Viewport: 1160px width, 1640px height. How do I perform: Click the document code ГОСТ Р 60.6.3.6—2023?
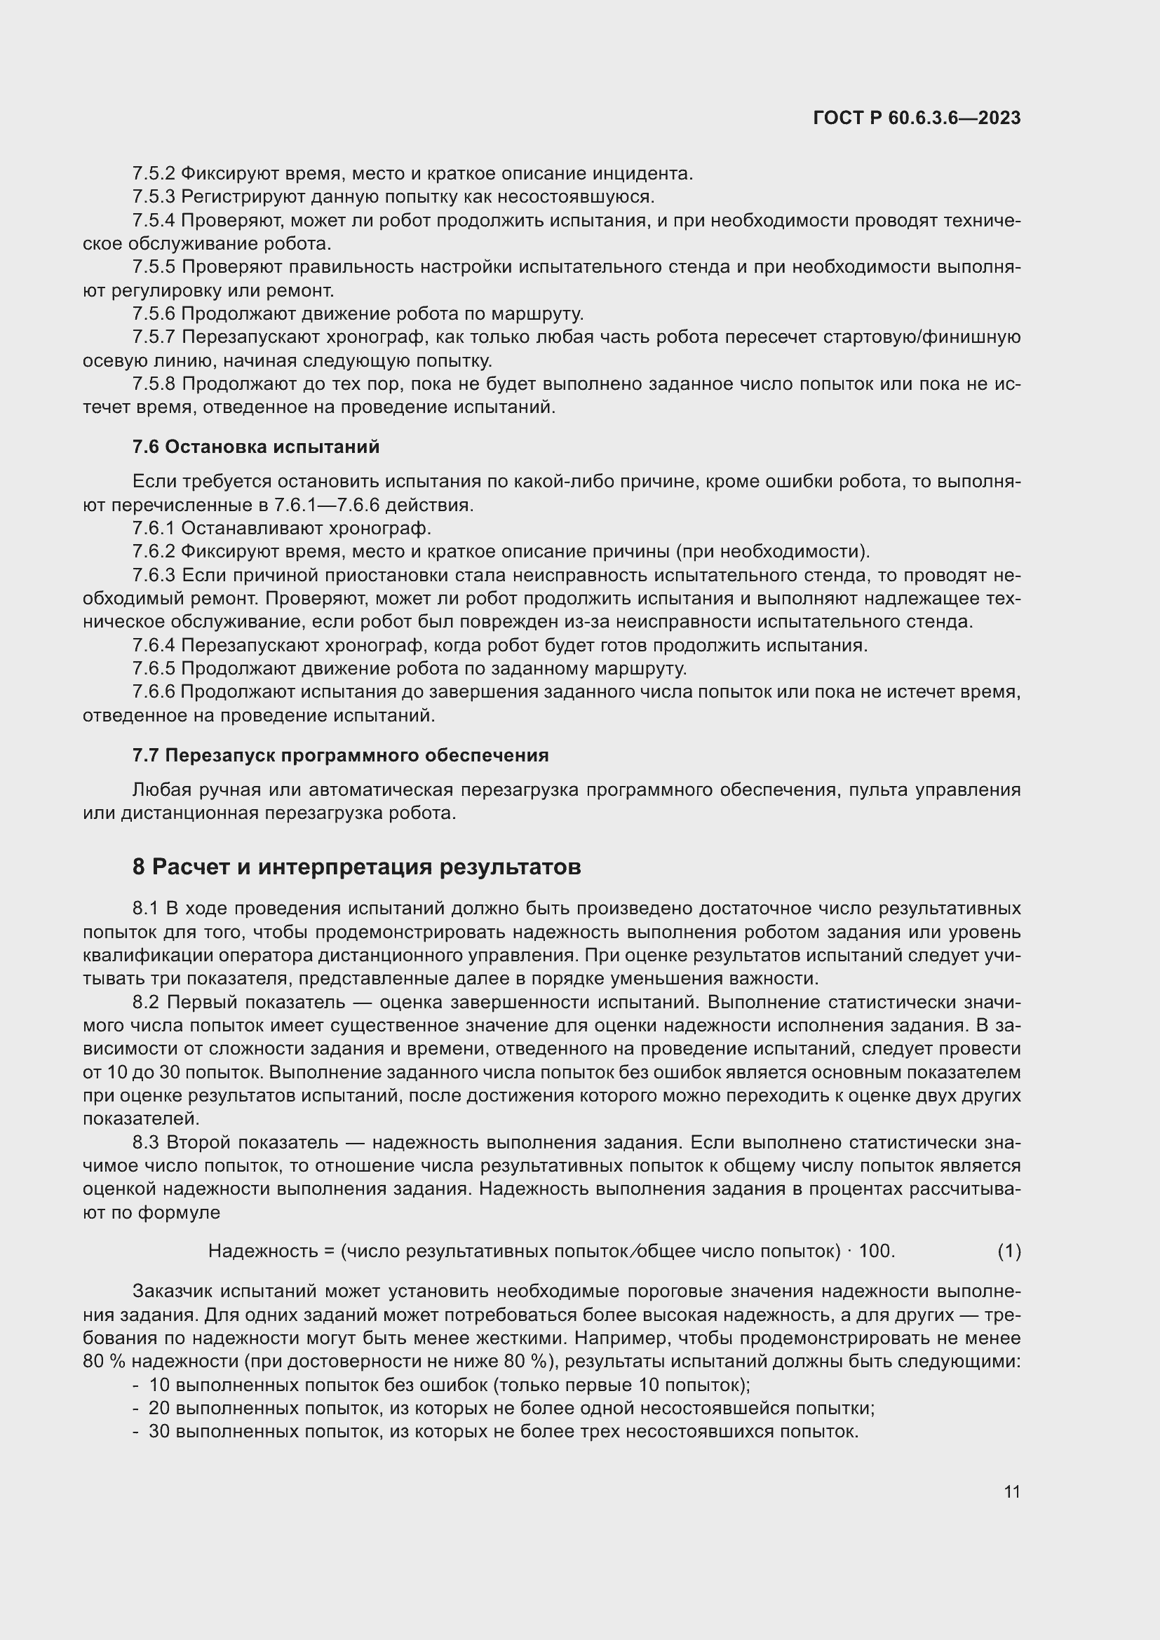pos(917,118)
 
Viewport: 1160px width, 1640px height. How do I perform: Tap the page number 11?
pos(1011,1491)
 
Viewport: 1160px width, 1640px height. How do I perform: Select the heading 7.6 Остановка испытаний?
pos(256,447)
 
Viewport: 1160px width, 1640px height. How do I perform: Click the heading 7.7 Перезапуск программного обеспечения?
pos(340,755)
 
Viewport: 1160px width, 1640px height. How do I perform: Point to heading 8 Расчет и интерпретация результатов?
pos(356,867)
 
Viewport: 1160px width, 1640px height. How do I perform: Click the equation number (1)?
pos(1009,1251)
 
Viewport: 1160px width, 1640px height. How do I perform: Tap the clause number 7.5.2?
pos(154,174)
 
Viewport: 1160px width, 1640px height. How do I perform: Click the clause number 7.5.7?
pos(154,337)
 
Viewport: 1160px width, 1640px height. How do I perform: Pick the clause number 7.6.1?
pos(154,529)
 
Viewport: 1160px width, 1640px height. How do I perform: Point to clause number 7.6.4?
pos(154,646)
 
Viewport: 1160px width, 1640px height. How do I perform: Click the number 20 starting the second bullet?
pos(159,1409)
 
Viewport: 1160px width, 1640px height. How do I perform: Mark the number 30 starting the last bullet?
pos(159,1432)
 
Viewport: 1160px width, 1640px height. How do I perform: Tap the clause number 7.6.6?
pos(154,692)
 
